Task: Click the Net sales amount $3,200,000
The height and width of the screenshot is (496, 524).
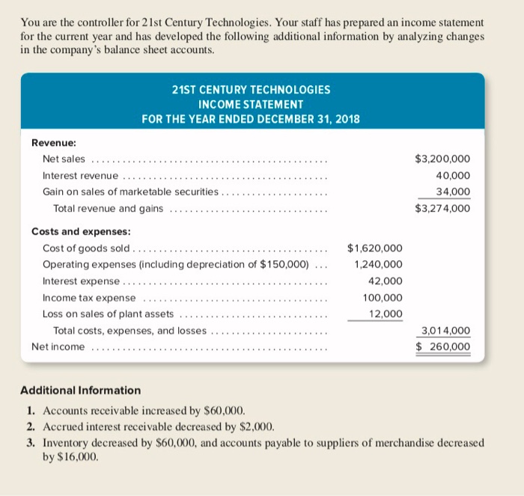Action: (442, 159)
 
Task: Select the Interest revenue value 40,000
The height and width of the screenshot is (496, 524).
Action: (451, 175)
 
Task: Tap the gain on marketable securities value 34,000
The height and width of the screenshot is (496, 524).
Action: (451, 192)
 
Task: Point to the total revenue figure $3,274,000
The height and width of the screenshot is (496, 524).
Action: (442, 208)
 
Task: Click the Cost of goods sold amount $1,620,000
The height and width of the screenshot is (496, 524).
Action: (375, 248)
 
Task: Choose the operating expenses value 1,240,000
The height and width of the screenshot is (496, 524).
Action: (378, 264)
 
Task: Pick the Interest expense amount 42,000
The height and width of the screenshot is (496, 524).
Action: (386, 281)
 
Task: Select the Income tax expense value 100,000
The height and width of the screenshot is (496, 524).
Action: (383, 297)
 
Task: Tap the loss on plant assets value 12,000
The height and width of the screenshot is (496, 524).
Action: (386, 313)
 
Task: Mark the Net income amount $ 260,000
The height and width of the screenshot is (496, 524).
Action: (443, 346)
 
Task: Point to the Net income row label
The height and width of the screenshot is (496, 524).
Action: (58, 346)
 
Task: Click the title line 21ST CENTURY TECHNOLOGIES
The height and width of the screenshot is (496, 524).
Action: (251, 89)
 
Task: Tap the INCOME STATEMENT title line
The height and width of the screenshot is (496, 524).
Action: (251, 104)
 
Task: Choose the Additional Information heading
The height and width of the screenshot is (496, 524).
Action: (80, 390)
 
